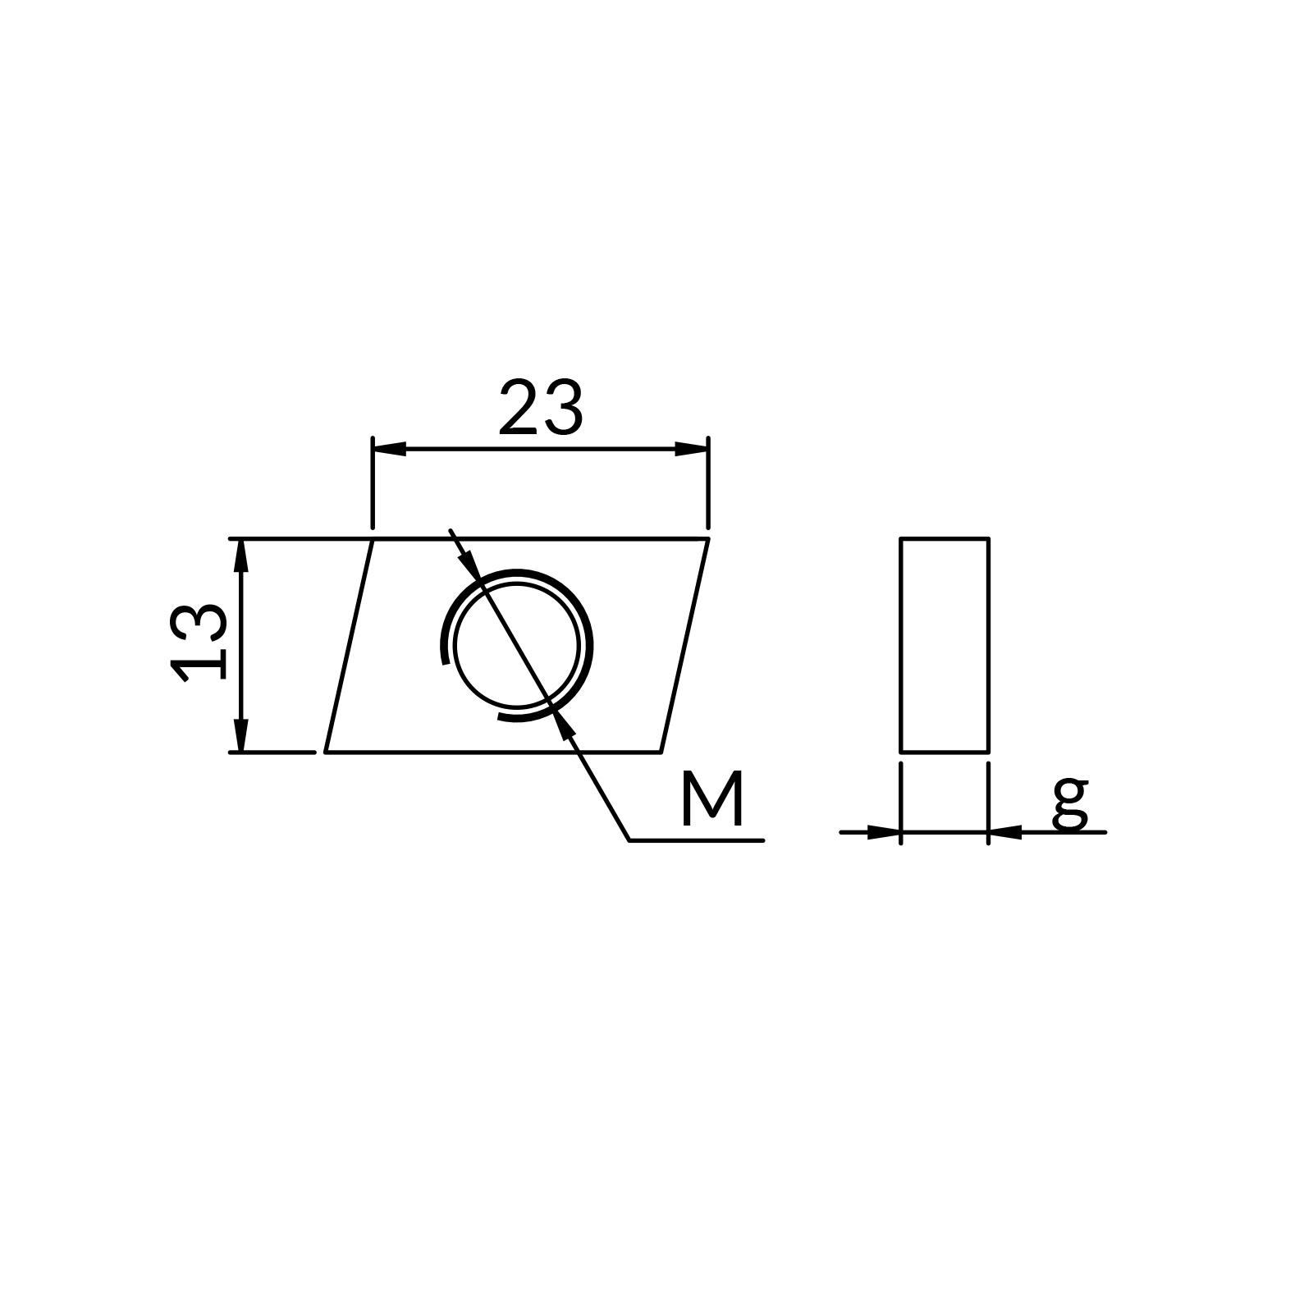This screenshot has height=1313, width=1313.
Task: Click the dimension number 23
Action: [x=541, y=408]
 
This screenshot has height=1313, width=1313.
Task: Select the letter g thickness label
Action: [x=1070, y=803]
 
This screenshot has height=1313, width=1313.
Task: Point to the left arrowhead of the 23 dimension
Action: [x=389, y=449]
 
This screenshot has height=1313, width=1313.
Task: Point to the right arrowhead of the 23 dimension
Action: [x=691, y=449]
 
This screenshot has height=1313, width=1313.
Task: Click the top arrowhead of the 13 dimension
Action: [x=240, y=556]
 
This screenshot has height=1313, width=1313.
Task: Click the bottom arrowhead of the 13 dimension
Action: [x=240, y=734]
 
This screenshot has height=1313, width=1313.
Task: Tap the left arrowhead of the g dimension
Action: [x=884, y=832]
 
